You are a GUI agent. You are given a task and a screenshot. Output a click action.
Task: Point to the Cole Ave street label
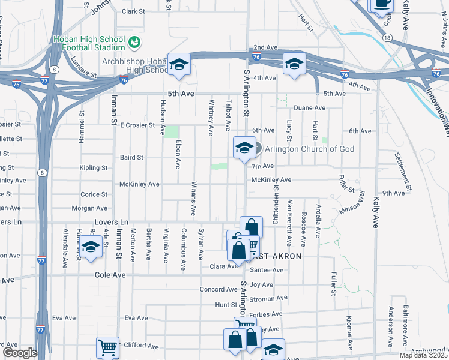(x=110, y=274)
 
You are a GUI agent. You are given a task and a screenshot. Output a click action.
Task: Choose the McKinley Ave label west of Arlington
(x=139, y=184)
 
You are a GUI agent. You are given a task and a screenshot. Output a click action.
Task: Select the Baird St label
(x=131, y=158)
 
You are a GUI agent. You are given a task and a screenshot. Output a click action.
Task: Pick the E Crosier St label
(x=138, y=125)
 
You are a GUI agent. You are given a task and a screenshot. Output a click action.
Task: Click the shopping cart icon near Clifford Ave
(x=107, y=347)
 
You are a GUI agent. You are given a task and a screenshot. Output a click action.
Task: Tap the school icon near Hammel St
(x=91, y=247)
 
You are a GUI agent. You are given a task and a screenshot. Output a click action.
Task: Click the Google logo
(x=19, y=353)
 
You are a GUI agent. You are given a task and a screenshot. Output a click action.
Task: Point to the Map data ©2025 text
(x=423, y=355)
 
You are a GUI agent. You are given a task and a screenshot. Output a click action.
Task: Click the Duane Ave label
(x=309, y=108)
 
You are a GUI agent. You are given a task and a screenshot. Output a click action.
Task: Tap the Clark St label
(x=133, y=11)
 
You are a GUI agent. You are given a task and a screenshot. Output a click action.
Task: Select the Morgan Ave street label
(x=89, y=208)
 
